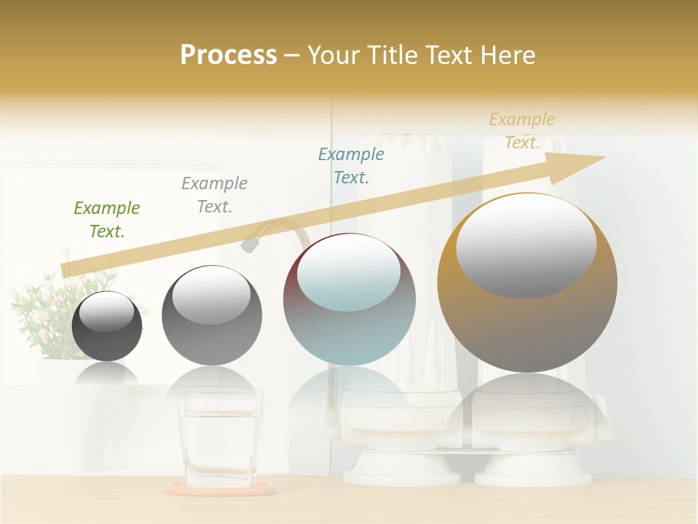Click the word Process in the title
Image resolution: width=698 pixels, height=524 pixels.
(x=228, y=55)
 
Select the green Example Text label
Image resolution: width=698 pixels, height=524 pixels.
(x=107, y=219)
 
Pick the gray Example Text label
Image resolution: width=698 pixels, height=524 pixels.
(x=214, y=194)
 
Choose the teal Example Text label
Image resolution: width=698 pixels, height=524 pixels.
(x=351, y=165)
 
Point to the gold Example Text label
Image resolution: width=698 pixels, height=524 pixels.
(x=522, y=130)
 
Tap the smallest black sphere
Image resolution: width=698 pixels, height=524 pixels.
(x=107, y=326)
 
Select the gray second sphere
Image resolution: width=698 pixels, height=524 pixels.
(x=212, y=316)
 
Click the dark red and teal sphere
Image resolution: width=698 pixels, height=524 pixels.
(x=349, y=300)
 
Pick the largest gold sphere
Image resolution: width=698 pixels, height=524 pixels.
(x=527, y=282)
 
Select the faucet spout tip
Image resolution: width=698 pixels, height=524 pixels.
(x=249, y=245)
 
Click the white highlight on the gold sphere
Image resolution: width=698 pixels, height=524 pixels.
(x=526, y=244)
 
